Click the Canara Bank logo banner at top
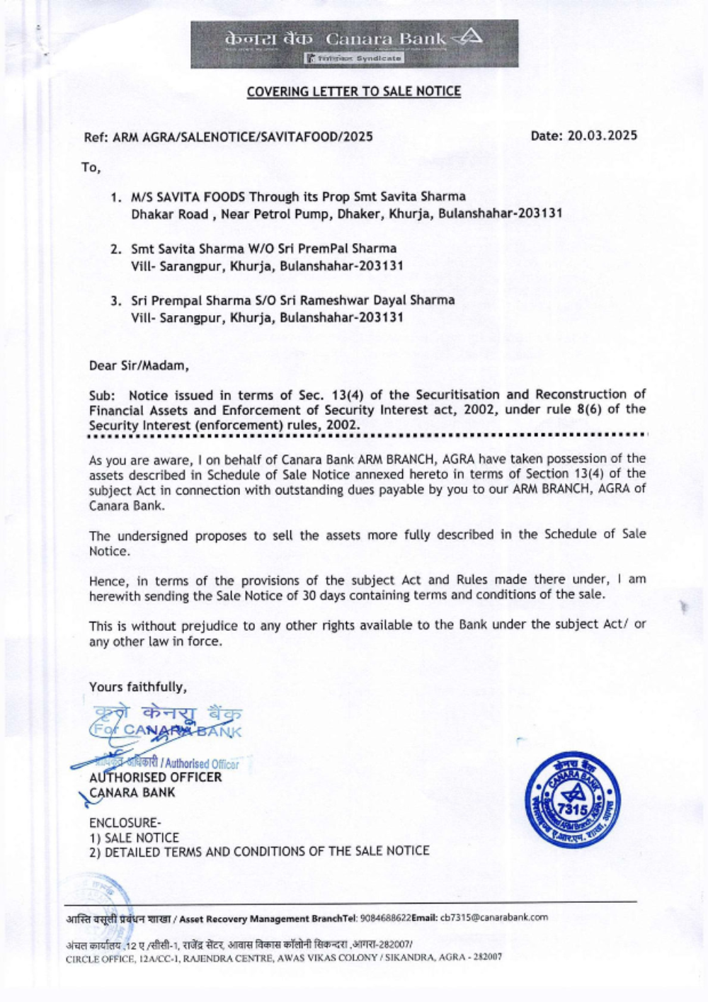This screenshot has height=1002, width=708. click(354, 43)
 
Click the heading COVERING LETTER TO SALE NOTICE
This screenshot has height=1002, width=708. click(353, 91)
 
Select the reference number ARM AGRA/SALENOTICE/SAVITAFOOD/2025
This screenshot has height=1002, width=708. click(243, 137)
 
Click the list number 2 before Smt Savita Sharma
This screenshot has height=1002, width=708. click(115, 249)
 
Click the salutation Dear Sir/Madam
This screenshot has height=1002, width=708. click(139, 366)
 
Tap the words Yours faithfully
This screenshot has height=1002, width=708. click(138, 687)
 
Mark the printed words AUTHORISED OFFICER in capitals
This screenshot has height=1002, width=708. click(155, 778)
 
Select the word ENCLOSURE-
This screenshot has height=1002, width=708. click(125, 823)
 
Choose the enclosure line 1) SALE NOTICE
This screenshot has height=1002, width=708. click(134, 838)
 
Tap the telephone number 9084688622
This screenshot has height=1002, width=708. click(385, 918)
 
